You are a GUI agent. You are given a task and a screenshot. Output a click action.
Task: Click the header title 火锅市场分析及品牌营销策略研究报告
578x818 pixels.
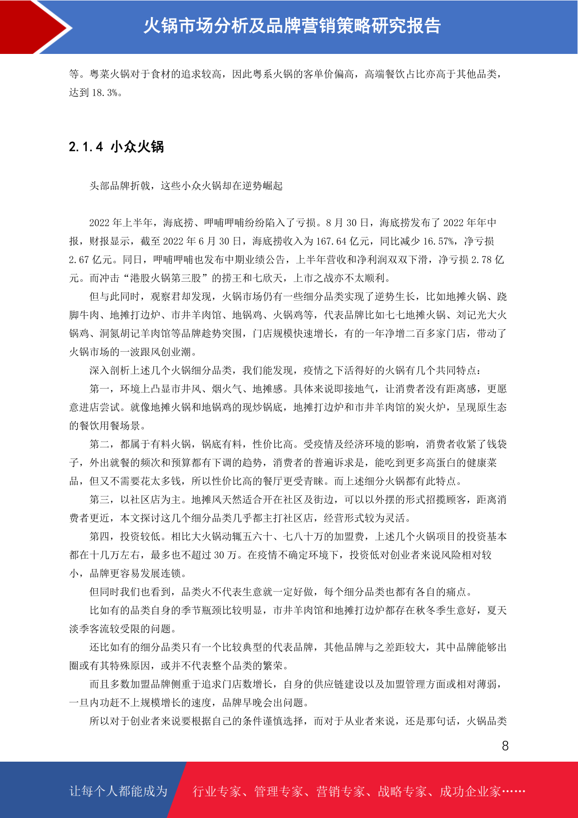[x=292, y=26]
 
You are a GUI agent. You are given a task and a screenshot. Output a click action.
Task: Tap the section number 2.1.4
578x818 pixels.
[x=86, y=147]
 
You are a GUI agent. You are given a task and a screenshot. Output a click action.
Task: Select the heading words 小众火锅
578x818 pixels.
[x=137, y=147]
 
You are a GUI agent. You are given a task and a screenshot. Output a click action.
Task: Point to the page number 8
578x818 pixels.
[x=505, y=746]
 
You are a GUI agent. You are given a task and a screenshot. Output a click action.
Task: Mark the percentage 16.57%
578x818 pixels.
[x=439, y=241]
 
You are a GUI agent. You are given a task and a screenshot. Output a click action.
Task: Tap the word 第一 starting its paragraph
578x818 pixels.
[x=99, y=389]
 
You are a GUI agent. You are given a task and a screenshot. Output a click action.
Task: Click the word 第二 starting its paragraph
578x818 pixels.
[x=99, y=444]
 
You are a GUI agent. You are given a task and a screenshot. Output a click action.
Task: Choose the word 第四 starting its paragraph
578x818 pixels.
[x=99, y=537]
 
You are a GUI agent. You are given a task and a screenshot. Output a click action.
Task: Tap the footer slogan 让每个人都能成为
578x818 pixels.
[x=118, y=791]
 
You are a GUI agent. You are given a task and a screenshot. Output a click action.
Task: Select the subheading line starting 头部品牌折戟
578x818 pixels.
[x=186, y=186]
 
